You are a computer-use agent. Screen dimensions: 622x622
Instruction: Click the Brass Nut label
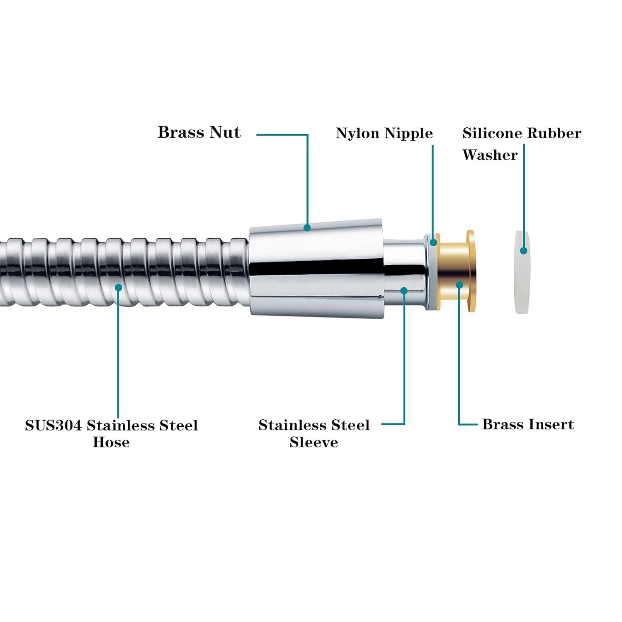[x=199, y=132]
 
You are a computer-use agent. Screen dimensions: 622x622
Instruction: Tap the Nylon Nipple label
[x=384, y=133]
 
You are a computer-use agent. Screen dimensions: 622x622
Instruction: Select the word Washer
[x=490, y=155]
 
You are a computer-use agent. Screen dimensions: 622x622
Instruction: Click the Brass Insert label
[x=528, y=424]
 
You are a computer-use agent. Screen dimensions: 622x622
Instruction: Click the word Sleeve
[x=313, y=442]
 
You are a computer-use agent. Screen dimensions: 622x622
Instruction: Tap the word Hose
[x=111, y=442]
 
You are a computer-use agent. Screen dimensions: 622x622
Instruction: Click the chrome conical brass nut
[x=315, y=265]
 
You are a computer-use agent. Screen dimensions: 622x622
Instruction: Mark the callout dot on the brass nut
[x=307, y=228]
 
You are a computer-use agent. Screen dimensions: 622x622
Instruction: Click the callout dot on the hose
[x=119, y=287]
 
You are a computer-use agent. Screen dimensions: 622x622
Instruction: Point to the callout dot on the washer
[x=524, y=250]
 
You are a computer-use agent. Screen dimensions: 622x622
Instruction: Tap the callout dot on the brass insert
[x=459, y=284]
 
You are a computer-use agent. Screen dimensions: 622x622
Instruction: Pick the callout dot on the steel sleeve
[x=404, y=291]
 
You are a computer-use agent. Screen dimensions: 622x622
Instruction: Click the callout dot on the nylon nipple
[x=433, y=243]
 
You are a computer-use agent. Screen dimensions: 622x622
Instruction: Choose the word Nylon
[x=358, y=133]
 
